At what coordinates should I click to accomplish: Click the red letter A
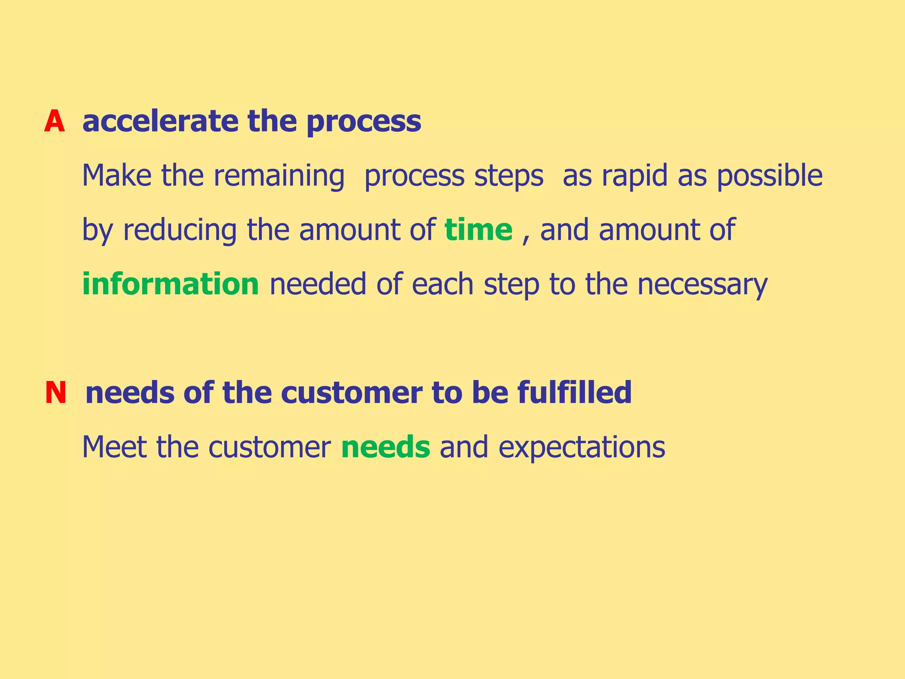54,122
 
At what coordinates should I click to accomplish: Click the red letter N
56,393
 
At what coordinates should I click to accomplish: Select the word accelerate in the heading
160,122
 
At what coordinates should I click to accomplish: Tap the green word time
478,230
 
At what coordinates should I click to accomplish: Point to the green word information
171,284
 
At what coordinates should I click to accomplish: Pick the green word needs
385,447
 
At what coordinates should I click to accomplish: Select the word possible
769,176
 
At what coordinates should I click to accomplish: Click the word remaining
279,176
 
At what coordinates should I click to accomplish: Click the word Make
117,175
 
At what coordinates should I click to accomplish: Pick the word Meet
114,447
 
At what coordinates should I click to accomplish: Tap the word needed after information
318,284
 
